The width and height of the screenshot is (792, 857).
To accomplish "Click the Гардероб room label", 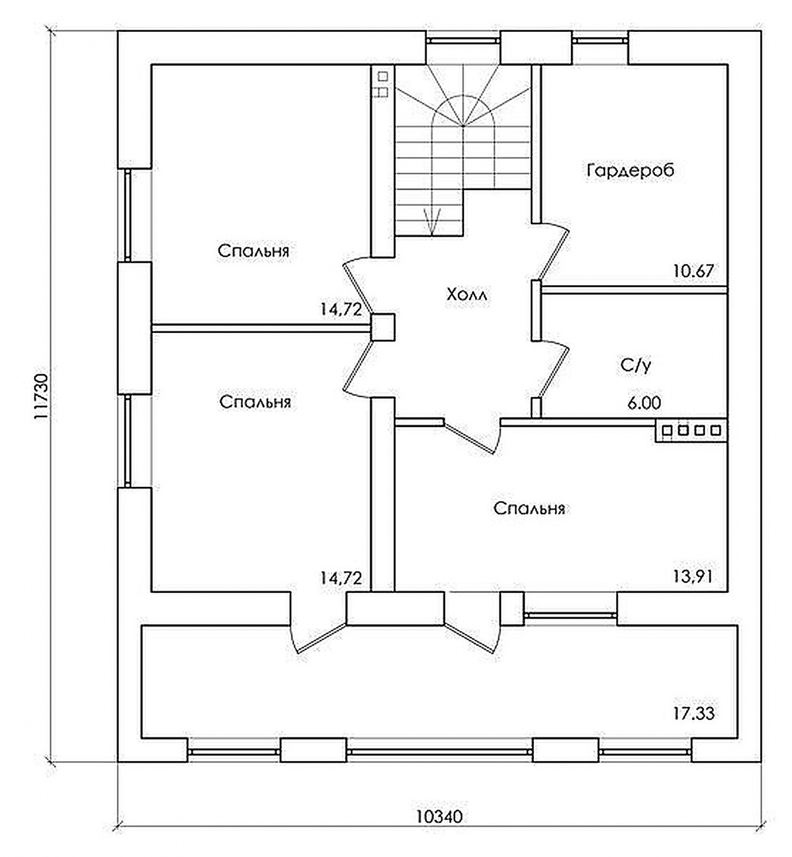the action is (631, 171).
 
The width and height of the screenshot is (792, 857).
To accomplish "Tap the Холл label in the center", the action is (467, 295).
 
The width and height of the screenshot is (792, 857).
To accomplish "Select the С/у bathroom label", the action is (636, 366).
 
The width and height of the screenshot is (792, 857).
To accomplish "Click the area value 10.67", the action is (694, 271).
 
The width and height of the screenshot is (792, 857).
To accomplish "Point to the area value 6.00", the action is (644, 403).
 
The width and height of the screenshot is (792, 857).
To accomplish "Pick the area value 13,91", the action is (693, 577).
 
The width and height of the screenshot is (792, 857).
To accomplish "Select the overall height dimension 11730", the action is (42, 397).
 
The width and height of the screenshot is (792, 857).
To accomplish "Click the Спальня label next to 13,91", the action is (529, 508).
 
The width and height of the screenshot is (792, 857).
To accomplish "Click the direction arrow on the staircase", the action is (432, 222).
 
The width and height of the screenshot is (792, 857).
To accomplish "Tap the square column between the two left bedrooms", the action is (383, 327).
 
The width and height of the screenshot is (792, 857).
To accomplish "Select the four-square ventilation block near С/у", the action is (691, 430).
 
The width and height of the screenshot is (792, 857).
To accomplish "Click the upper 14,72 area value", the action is (341, 309).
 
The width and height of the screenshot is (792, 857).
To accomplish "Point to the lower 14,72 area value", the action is (341, 578).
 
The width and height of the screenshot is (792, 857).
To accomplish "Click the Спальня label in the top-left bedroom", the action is (253, 251).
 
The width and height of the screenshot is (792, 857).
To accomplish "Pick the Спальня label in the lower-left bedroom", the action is (255, 402).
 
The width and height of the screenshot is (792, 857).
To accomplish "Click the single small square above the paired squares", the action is (383, 76).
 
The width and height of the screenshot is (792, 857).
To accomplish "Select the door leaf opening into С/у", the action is (554, 372).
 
